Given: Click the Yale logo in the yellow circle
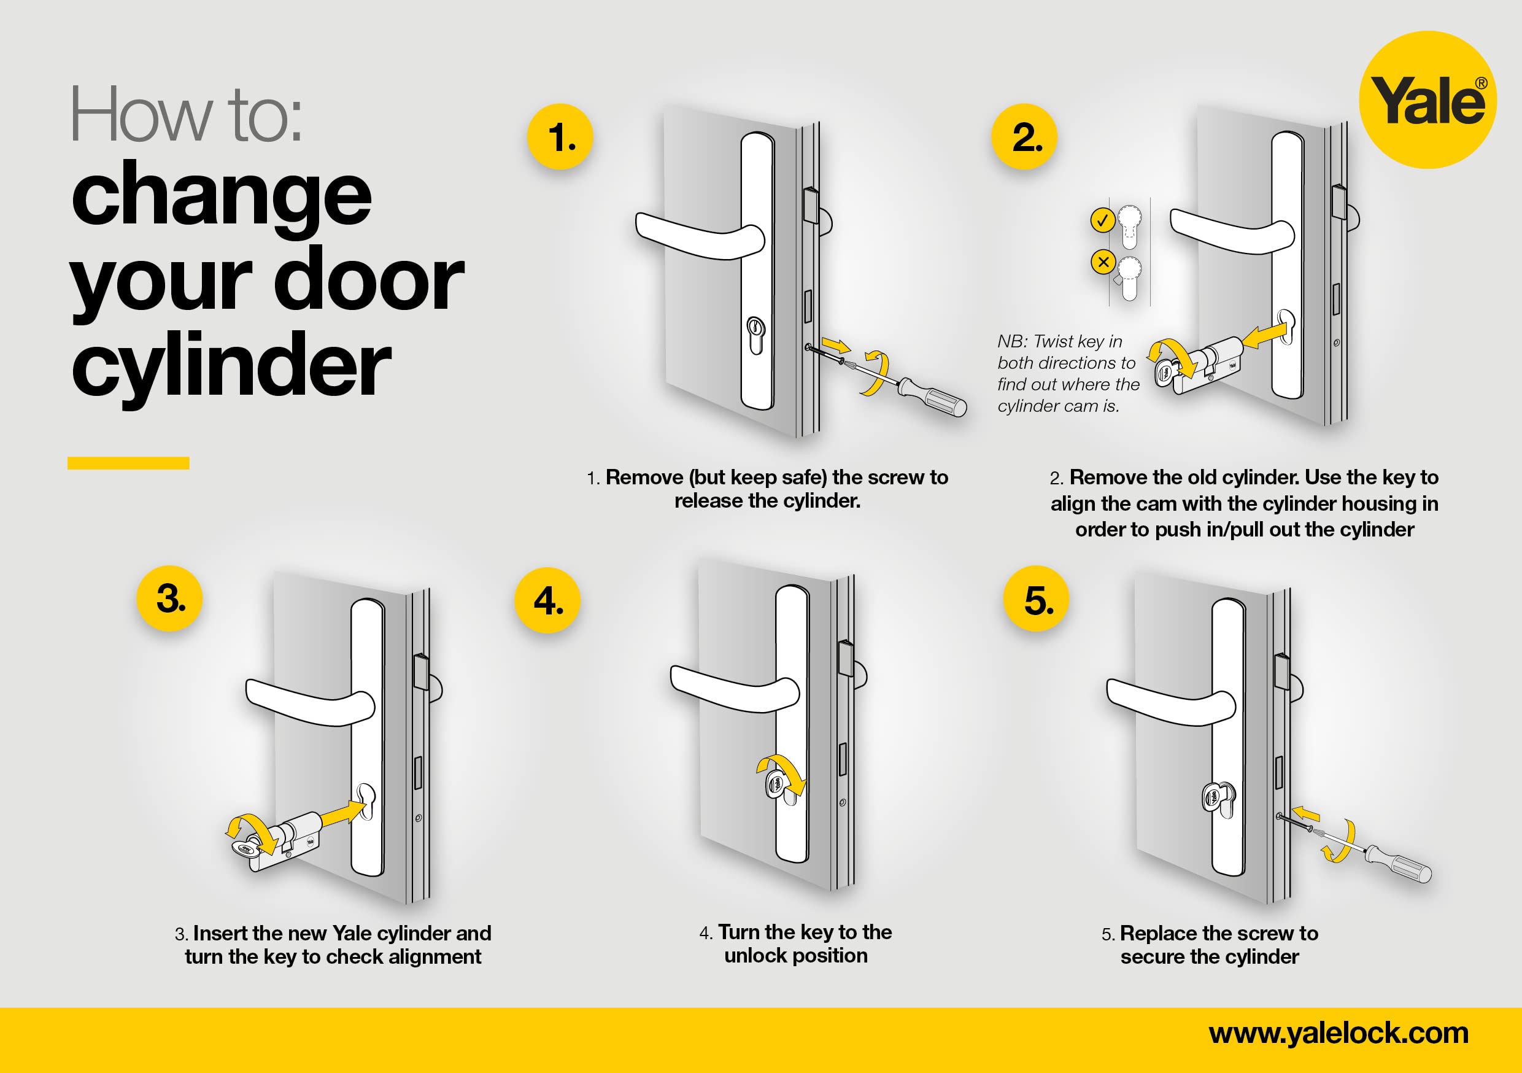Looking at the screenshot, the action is coord(1428,99).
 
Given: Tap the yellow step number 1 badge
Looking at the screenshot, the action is coord(560,137).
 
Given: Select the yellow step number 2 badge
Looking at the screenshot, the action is coord(1024,137).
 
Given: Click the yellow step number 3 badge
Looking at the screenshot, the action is coord(170,598).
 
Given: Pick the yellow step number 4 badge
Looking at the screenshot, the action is coord(547,600).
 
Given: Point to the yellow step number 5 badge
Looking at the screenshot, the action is coord(1037,598).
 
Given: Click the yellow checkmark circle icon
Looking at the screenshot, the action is coord(1102,220).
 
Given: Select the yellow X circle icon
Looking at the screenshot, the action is coord(1103,262).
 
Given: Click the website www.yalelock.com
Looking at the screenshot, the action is coord(1339,1033).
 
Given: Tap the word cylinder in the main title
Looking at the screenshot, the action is coord(231,365).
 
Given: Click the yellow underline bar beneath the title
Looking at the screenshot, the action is coord(129,463).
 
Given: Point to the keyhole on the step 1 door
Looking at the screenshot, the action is coord(756,336).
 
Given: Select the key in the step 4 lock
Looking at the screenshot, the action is coord(777,785).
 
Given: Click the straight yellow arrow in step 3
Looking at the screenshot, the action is coord(344,813).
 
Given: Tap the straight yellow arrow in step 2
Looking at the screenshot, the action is coord(1265,336).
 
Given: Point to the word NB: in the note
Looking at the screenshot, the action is coord(1012,341).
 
